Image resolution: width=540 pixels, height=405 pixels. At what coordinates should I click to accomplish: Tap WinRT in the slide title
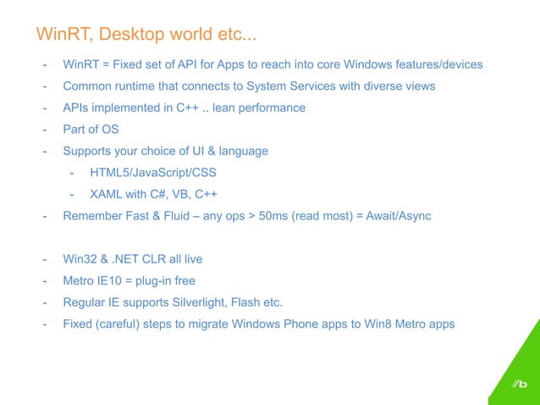pyautogui.click(x=63, y=35)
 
